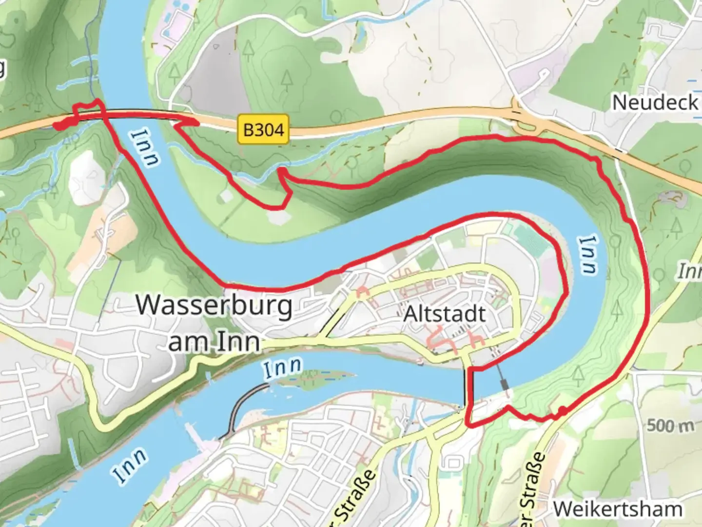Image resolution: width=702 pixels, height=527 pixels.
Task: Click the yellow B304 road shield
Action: click(x=263, y=129)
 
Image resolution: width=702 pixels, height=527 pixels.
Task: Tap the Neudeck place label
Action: click(x=655, y=102)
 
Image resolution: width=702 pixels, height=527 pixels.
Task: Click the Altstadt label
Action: click(x=445, y=314)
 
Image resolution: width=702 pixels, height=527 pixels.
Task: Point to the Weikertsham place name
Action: click(x=618, y=509)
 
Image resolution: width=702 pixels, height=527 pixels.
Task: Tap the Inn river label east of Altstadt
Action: click(x=588, y=254)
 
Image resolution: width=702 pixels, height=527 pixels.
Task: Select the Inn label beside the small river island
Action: click(x=282, y=368)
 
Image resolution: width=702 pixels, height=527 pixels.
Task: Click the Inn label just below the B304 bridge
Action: click(x=146, y=148)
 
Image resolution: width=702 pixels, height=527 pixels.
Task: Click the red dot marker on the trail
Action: click(x=562, y=411)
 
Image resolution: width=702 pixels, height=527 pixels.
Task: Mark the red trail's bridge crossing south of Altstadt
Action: click(x=470, y=390)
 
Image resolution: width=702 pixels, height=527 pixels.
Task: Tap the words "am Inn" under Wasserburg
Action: click(x=214, y=342)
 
